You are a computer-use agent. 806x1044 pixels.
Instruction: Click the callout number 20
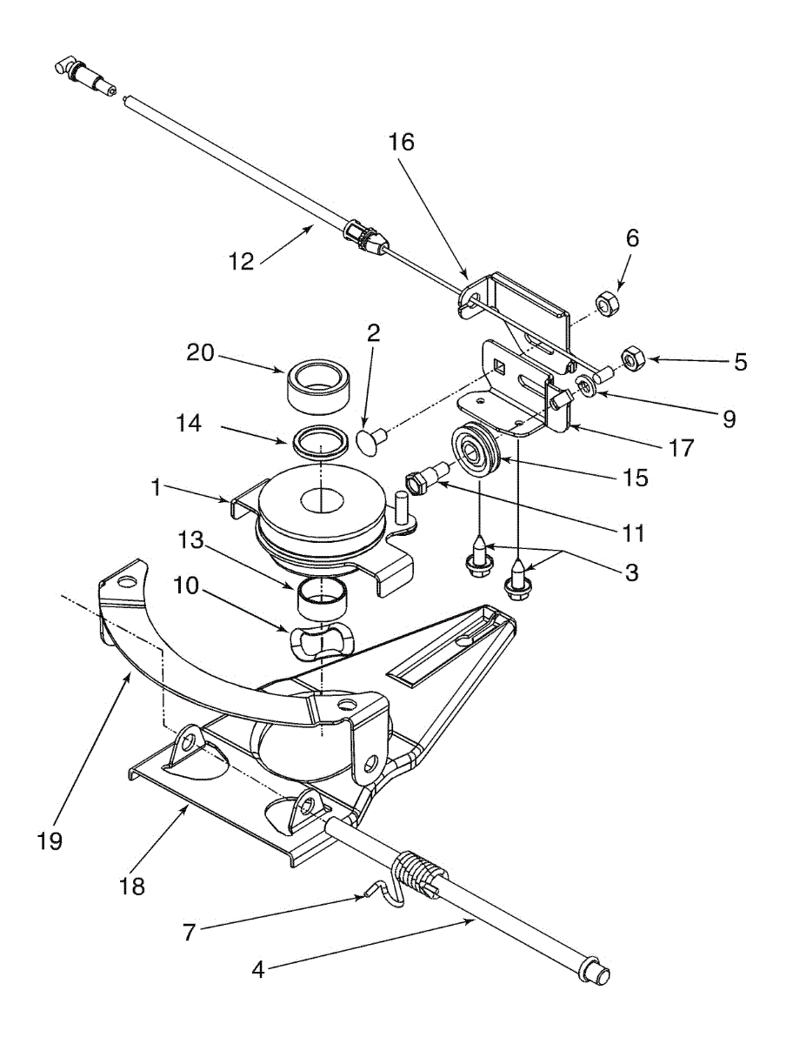pyautogui.click(x=202, y=352)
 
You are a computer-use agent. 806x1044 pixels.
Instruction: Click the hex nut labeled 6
pyautogui.click(x=606, y=304)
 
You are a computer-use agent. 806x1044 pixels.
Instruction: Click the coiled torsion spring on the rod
pyautogui.click(x=420, y=873)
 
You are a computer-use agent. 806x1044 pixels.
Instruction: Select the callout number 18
pyautogui.click(x=133, y=887)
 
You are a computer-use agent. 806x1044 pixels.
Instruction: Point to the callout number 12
pyautogui.click(x=243, y=260)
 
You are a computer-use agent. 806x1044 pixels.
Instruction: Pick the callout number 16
pyautogui.click(x=402, y=143)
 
